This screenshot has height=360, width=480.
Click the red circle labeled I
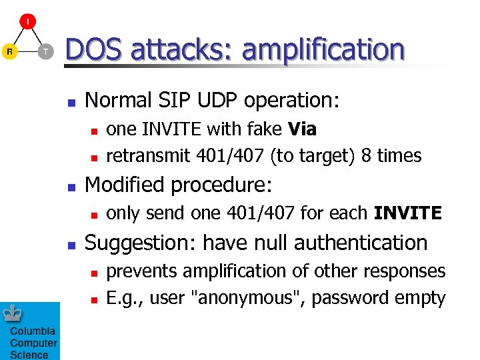27,21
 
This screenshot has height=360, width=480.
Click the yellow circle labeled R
9,51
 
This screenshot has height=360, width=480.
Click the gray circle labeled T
45,51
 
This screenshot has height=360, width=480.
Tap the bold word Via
303,128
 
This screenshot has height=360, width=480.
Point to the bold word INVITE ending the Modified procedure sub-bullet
407,214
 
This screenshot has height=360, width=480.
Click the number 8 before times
366,156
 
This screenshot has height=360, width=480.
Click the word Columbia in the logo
32,331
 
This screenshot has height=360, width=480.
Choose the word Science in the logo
29,355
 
